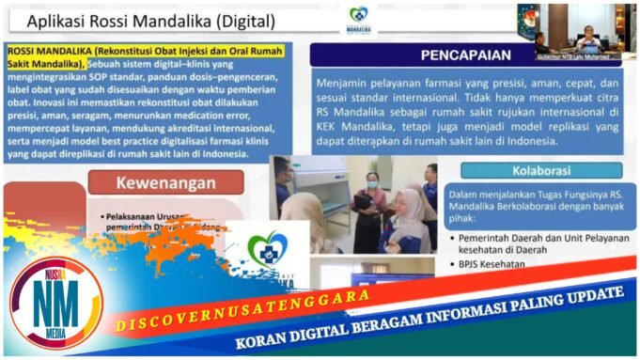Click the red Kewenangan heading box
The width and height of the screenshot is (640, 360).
tap(165, 182)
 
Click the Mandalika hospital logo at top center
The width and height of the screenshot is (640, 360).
tap(358, 20)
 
